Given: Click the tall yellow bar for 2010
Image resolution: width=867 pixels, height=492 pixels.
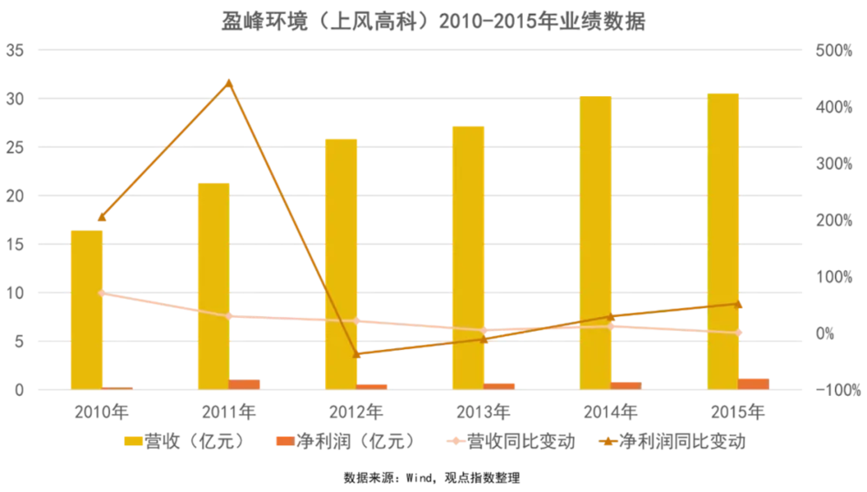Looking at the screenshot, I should [x=87, y=309].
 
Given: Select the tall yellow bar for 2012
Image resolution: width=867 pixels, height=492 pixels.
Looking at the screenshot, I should [x=341, y=263].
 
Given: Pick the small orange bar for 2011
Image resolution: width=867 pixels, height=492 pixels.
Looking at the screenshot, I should [x=245, y=384].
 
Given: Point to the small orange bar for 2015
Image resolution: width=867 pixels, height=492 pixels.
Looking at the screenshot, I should [x=754, y=383].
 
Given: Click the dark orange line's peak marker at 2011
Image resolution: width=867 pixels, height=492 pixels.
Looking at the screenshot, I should [x=229, y=83].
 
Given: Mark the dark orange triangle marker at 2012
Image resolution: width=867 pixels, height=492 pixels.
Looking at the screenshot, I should [x=357, y=353].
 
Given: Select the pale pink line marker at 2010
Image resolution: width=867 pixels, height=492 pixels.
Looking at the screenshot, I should [x=103, y=294].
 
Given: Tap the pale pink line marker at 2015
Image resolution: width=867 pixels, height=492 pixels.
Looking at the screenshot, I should [x=740, y=333].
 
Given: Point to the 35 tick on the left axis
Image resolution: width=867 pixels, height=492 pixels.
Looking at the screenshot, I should [x=15, y=51].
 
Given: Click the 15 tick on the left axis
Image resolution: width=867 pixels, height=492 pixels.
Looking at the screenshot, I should [x=15, y=245].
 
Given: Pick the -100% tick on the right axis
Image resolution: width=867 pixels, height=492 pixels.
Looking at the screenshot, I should [x=838, y=389].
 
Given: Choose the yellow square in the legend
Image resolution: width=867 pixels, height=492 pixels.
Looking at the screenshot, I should [x=134, y=441].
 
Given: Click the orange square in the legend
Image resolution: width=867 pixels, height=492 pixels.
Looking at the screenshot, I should [x=284, y=441].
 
